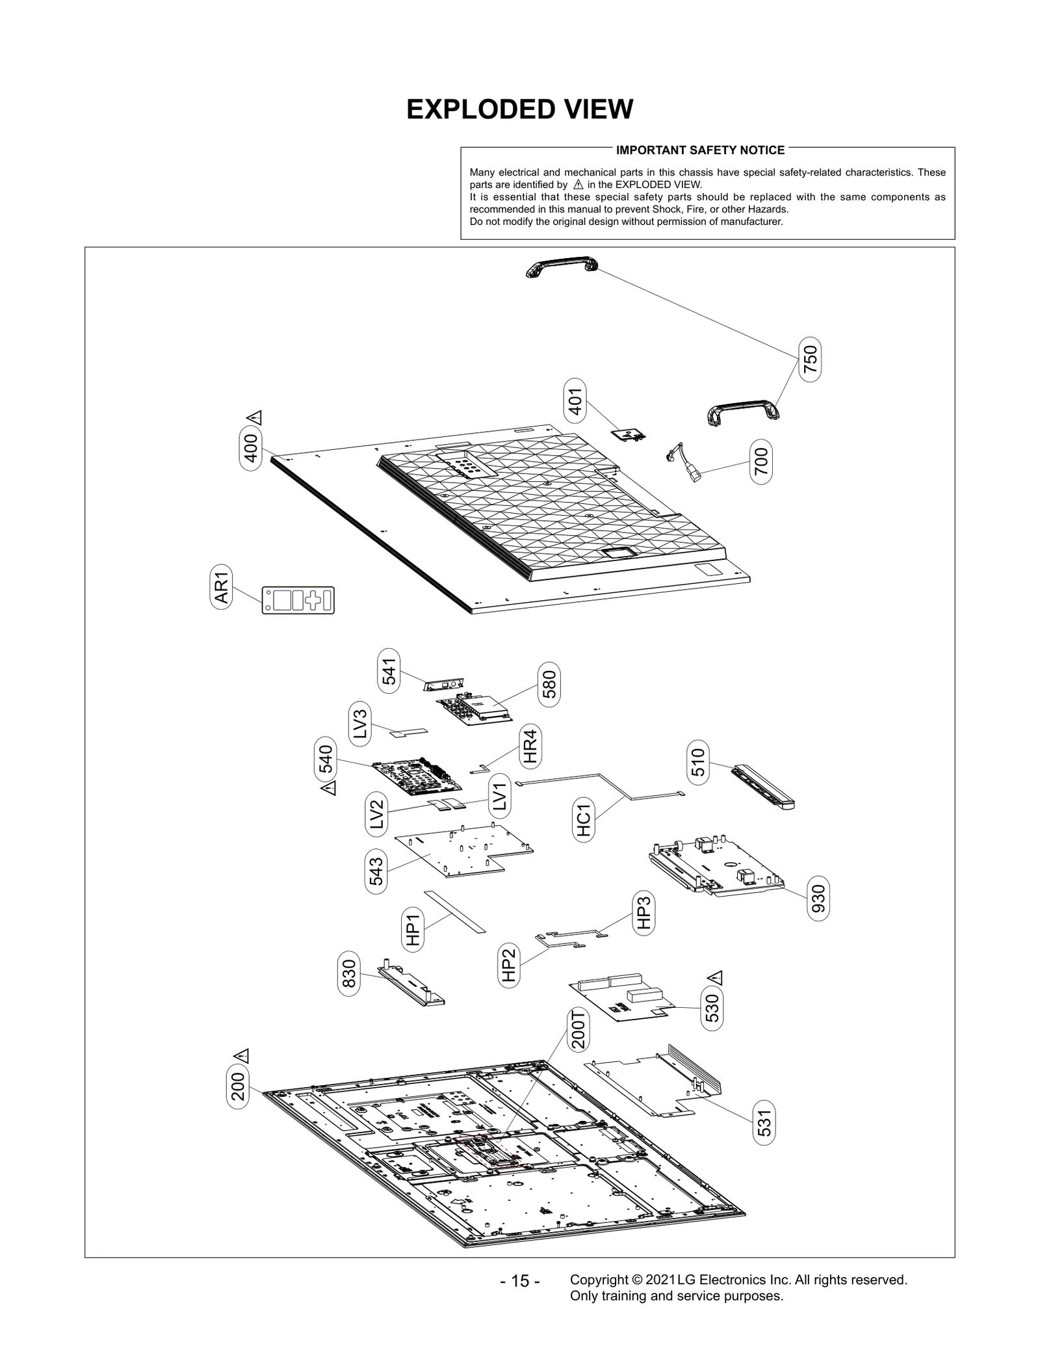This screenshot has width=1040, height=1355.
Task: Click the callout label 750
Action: click(x=810, y=359)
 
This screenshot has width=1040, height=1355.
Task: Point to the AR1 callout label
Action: click(x=222, y=586)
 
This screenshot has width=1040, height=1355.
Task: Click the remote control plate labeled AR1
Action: click(x=298, y=600)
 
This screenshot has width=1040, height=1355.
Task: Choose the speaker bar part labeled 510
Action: click(x=763, y=787)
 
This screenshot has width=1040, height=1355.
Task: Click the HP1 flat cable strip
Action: click(x=455, y=911)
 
